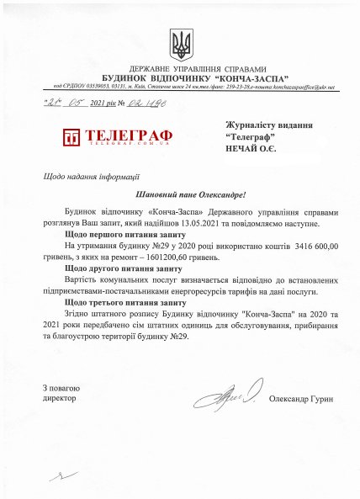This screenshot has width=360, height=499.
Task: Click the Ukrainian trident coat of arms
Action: pos(180,41)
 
